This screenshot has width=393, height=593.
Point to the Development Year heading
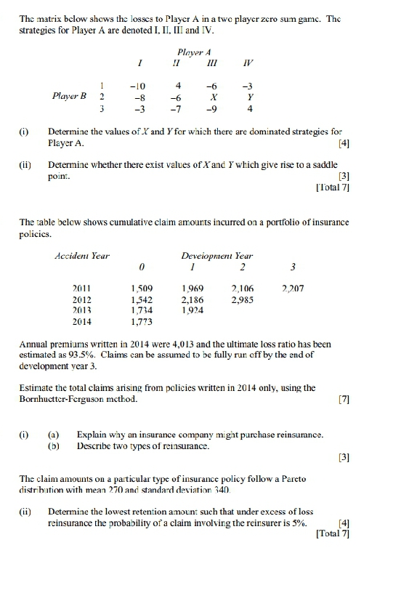point(216,255)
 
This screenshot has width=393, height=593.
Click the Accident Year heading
point(81,255)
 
